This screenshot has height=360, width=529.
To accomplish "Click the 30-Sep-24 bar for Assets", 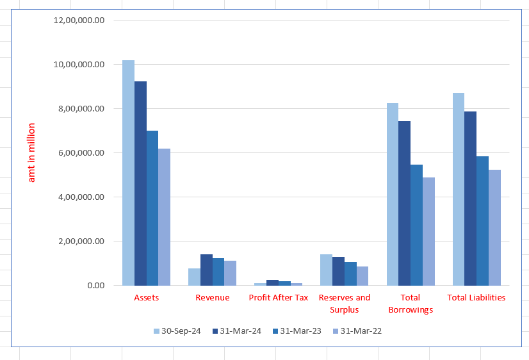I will pos(129,173).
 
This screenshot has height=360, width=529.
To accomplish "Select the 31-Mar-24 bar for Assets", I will pos(140,183).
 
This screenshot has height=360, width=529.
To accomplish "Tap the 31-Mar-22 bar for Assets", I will pos(165,217).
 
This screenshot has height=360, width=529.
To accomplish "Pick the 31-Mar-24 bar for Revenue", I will pos(206,270).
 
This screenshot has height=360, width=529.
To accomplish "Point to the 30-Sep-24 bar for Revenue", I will pos(194,277).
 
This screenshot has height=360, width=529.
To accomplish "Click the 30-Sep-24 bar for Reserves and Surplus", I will pos(326,270).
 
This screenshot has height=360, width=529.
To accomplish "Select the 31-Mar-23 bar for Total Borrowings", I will pos(416,225).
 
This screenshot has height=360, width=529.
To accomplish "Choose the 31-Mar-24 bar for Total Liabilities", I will pos(470,199).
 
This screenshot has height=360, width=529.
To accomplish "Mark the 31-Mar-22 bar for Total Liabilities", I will pos(494,227).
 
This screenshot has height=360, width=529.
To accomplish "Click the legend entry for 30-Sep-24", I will pos(177,331).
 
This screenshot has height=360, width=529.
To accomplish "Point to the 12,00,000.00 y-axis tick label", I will pos(79,20).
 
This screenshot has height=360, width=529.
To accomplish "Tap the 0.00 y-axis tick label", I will pos(94,286).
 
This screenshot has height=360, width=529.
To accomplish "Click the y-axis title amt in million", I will pos(31,152).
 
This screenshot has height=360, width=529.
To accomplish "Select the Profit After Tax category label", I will pos(279,298).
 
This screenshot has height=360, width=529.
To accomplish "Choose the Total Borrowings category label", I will pos(410,304).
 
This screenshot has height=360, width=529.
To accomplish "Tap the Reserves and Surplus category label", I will pos(345,304).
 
